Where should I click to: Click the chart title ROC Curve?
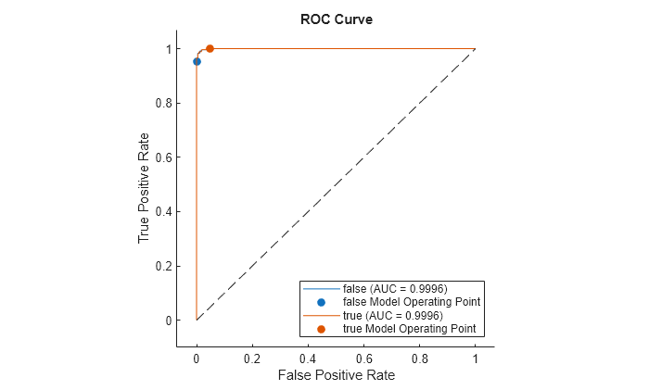(336, 19)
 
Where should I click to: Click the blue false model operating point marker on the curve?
(197, 61)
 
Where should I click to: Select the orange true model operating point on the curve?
(210, 48)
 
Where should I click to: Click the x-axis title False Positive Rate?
(335, 375)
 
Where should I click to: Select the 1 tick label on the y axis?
(167, 48)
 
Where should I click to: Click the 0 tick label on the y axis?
(167, 321)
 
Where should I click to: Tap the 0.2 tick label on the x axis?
(252, 357)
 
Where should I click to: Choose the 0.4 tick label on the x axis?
(308, 357)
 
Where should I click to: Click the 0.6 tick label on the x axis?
(363, 357)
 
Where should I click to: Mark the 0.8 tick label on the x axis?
(419, 357)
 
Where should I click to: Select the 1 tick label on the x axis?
(475, 357)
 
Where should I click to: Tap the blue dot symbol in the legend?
(321, 302)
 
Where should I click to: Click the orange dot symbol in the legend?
(321, 329)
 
